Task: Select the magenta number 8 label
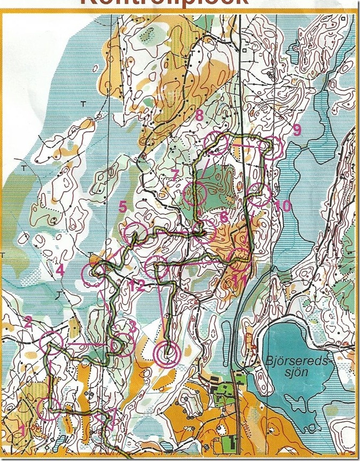[x=199, y=114]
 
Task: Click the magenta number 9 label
[x=297, y=128]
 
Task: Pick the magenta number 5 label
[x=122, y=206]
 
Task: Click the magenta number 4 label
[x=60, y=271]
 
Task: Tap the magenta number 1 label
[x=22, y=428]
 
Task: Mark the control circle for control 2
[x=52, y=341]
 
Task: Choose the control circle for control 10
[x=259, y=194]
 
